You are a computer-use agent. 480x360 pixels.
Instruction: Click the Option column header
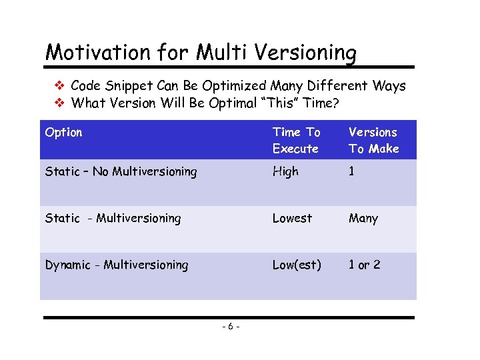pos(63,132)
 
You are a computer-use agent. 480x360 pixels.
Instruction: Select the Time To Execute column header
pos(296,140)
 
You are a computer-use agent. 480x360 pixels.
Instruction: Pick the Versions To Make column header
pos(373,140)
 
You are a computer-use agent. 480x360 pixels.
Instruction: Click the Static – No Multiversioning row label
pos(121,171)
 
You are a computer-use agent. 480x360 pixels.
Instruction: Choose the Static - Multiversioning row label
pos(113,218)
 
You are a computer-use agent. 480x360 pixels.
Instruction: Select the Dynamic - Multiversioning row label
pos(117,265)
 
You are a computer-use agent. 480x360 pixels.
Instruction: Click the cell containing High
pos(285,171)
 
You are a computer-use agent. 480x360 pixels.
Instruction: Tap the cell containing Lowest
pos(292,218)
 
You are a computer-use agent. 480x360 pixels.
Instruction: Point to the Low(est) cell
pos(296,265)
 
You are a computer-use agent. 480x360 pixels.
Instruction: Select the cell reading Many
pos(363,218)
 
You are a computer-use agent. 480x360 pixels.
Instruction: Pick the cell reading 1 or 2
pos(365,265)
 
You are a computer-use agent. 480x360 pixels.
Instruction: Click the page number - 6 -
pos(230,326)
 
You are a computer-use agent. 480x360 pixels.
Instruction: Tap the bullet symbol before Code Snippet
pos(59,86)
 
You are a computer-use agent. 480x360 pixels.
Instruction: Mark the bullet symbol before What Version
pos(59,103)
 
